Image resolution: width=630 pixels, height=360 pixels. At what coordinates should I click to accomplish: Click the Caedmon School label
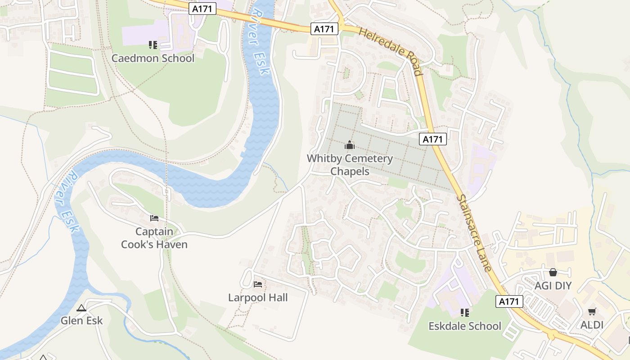(x=153, y=58)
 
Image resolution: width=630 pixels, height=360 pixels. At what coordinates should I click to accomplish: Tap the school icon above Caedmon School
(x=153, y=45)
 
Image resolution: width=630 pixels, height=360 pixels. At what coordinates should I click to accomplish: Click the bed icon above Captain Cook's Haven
(x=154, y=218)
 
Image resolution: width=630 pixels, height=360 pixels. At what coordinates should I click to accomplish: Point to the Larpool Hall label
(x=258, y=297)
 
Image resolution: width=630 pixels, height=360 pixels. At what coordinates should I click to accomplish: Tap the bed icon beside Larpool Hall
(x=258, y=284)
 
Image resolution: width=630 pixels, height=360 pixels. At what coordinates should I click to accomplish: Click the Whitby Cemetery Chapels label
(x=350, y=165)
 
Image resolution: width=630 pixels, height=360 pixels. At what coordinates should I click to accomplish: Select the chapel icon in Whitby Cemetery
(x=350, y=145)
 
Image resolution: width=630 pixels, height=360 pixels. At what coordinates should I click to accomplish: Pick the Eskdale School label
(x=465, y=326)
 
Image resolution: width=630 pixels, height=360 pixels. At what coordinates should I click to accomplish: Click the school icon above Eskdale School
(x=465, y=312)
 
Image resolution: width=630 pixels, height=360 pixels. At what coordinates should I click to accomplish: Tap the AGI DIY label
(x=553, y=286)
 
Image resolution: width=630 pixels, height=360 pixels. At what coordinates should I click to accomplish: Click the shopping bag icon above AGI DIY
(x=553, y=272)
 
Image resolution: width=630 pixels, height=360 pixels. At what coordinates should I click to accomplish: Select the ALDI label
(x=592, y=325)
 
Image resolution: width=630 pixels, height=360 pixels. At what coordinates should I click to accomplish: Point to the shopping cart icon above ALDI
(x=592, y=311)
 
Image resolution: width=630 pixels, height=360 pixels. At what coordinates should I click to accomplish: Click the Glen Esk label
(x=82, y=321)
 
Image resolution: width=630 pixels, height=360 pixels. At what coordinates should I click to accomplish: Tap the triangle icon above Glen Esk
(x=81, y=308)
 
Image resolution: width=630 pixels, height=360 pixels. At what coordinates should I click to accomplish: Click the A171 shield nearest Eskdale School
(x=509, y=301)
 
